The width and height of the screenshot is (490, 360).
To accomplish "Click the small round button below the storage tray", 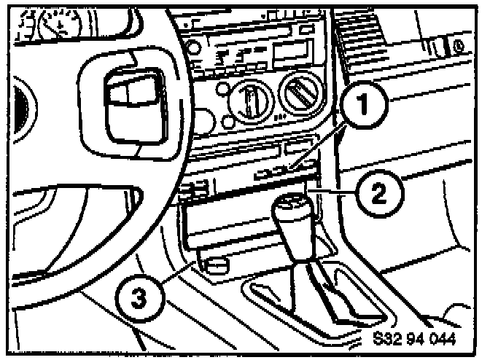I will tap(214, 267).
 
